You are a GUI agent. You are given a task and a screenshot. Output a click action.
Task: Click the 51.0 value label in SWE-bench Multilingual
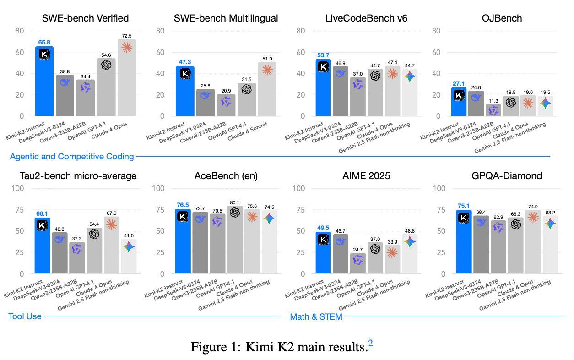(x=267, y=58)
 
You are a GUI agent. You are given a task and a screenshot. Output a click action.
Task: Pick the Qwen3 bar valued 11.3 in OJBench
(x=493, y=110)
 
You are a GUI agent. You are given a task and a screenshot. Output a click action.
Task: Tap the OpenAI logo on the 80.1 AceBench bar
(x=234, y=213)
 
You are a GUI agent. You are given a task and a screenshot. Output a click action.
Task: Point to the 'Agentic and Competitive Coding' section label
(x=72, y=157)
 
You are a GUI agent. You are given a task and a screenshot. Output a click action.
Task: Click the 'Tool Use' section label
(x=25, y=316)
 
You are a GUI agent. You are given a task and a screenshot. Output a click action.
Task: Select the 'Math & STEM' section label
(x=316, y=316)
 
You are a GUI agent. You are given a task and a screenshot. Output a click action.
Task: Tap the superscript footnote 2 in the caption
(x=371, y=343)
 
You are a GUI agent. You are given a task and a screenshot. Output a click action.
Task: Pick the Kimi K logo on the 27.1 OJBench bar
(x=459, y=95)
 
